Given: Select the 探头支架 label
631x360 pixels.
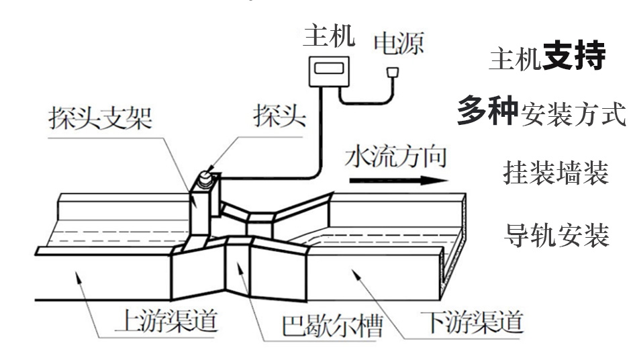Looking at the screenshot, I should tap(100, 119).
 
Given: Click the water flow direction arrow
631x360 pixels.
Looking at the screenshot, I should tap(397, 180).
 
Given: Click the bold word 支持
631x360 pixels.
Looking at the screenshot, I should tap(574, 58).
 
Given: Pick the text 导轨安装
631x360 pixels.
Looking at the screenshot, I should tap(556, 234).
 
